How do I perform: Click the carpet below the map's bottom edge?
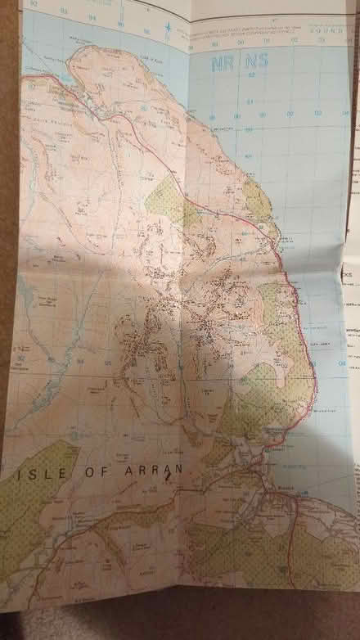(180, 626)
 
